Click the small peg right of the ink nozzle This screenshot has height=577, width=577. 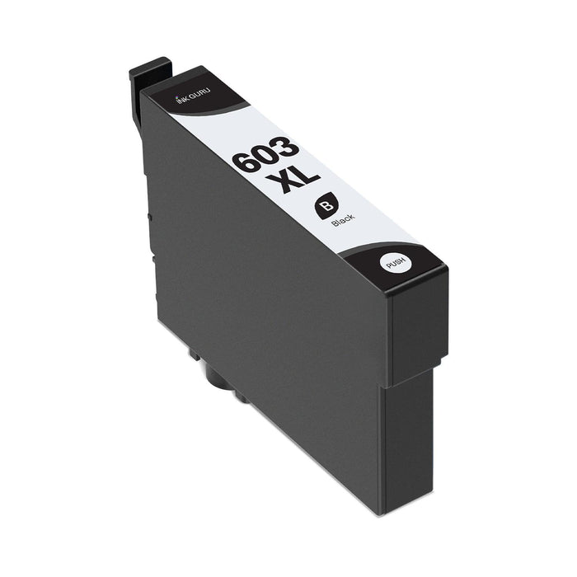[240, 396]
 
